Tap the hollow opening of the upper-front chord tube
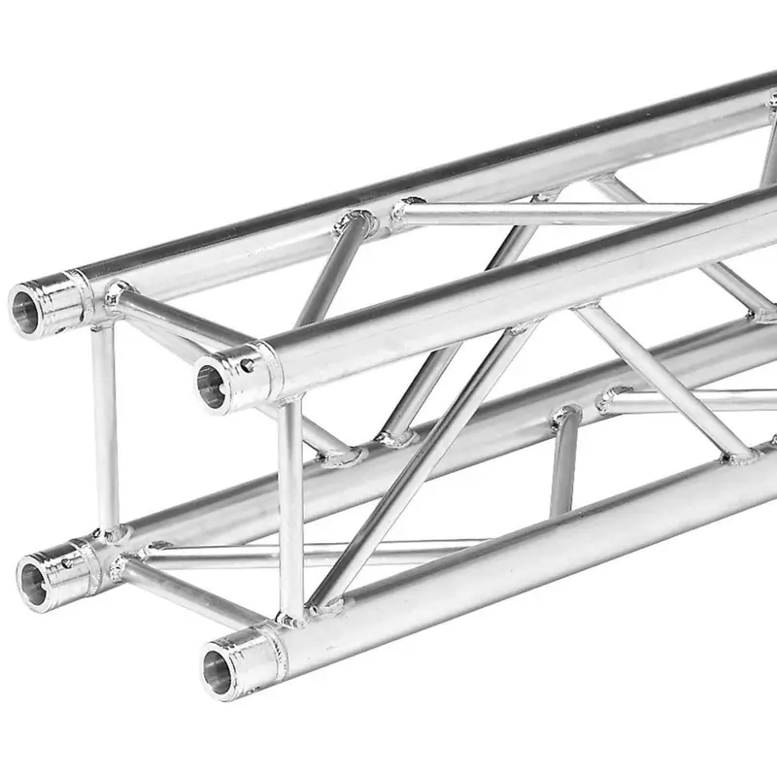tap(212, 385)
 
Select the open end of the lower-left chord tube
tap(34, 583)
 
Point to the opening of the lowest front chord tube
tap(218, 671)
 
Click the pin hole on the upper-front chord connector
tap(247, 366)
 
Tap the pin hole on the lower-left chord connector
tap(67, 560)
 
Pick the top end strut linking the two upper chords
tap(180, 317)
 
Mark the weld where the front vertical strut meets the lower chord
tap(290, 616)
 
